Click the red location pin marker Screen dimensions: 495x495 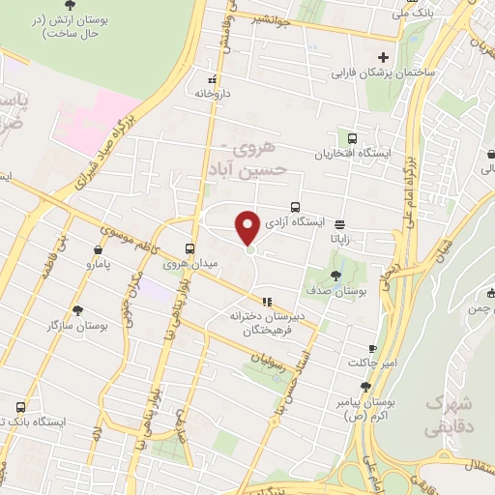[x=248, y=228]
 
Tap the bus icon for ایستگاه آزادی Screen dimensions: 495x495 [x=295, y=207]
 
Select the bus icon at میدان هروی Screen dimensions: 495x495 [x=190, y=247]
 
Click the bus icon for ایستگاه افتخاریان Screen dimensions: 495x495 [x=351, y=138]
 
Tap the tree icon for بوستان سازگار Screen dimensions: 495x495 [x=76, y=310]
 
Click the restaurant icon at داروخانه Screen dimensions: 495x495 [x=213, y=79]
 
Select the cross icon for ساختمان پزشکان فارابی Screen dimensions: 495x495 [x=384, y=57]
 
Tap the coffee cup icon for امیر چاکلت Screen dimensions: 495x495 [x=372, y=348]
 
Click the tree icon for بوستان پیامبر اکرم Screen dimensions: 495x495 [x=364, y=386]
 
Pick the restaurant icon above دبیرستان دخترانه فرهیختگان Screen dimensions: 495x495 [x=267, y=301]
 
